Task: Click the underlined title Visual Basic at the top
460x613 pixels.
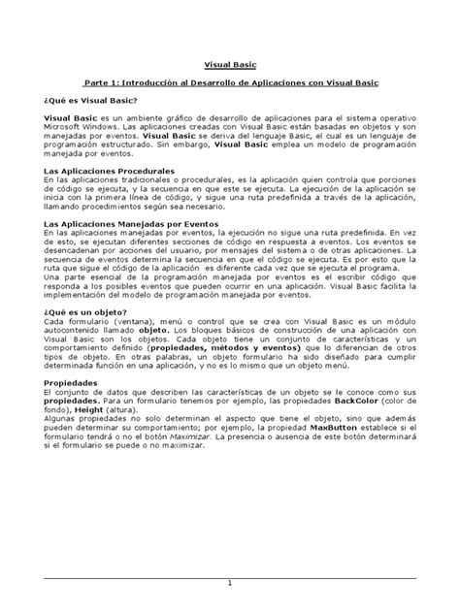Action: coord(229,66)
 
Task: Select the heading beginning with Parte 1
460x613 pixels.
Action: coord(230,84)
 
